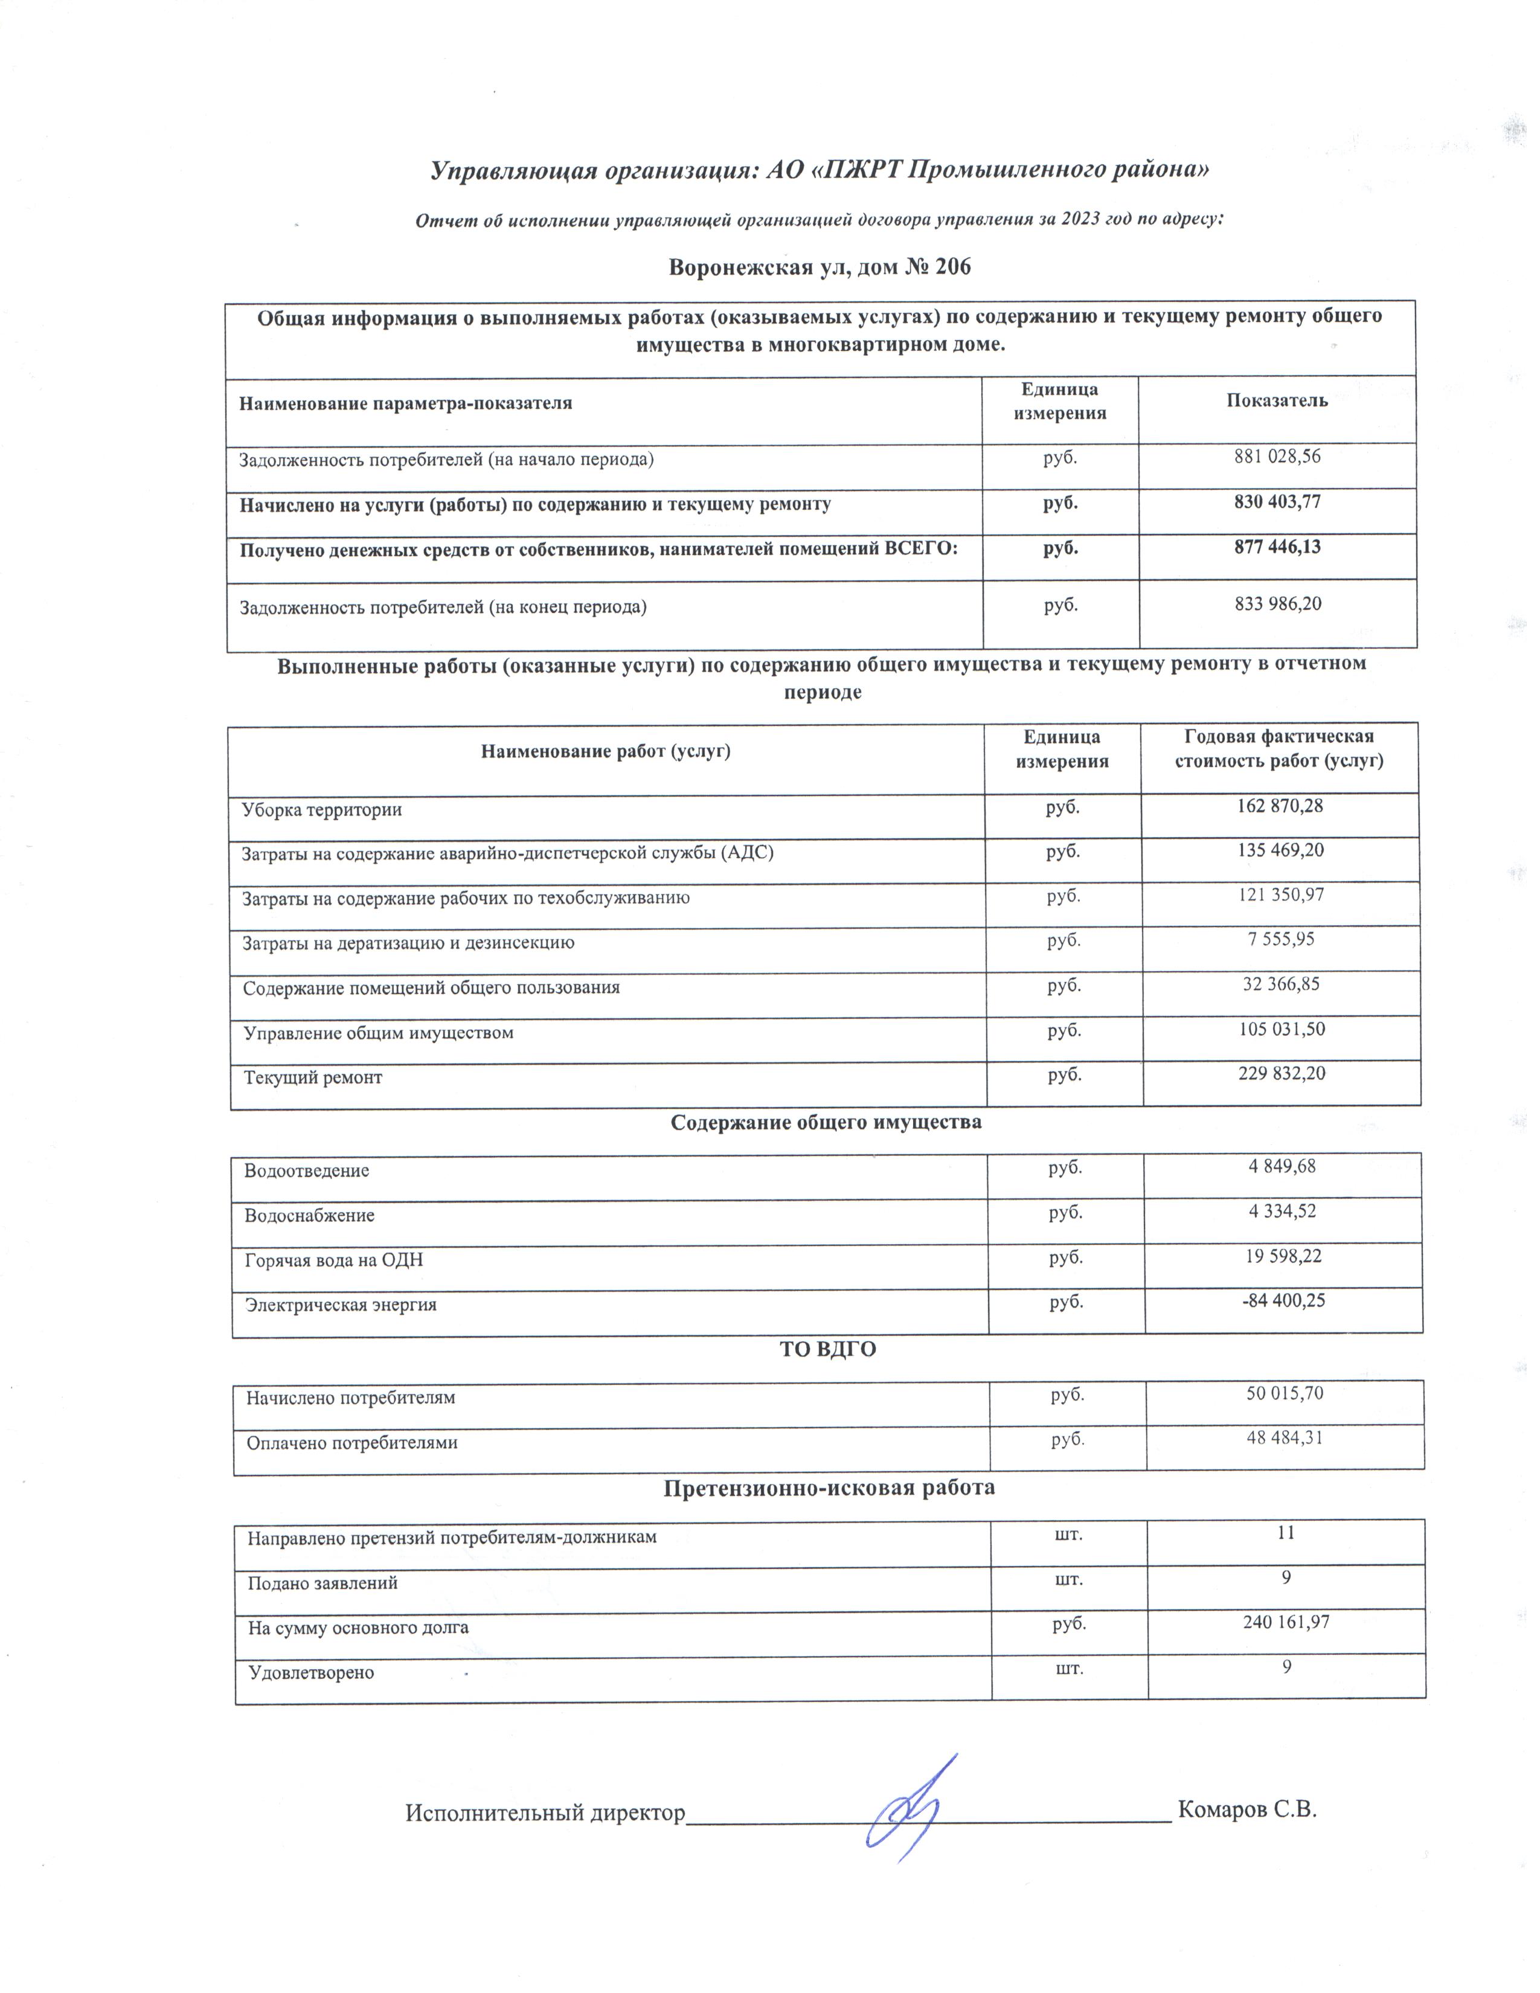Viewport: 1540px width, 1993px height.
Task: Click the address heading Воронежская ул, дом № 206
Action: click(820, 268)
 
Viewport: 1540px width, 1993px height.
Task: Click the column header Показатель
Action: click(1276, 400)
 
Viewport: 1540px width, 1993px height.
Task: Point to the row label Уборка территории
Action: click(321, 809)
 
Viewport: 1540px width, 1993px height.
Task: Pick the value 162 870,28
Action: click(1280, 806)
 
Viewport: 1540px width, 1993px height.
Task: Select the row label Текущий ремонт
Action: click(313, 1077)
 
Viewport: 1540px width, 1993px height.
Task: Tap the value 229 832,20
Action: click(1282, 1073)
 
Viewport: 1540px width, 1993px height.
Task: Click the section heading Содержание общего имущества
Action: click(826, 1123)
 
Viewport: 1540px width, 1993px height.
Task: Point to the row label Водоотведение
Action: click(307, 1171)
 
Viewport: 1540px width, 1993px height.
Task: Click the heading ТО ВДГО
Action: click(827, 1349)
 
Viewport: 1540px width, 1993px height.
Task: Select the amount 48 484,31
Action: click(1285, 1438)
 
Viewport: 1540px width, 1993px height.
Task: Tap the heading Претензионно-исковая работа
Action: click(829, 1488)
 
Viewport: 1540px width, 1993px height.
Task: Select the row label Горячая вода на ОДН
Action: click(334, 1260)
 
